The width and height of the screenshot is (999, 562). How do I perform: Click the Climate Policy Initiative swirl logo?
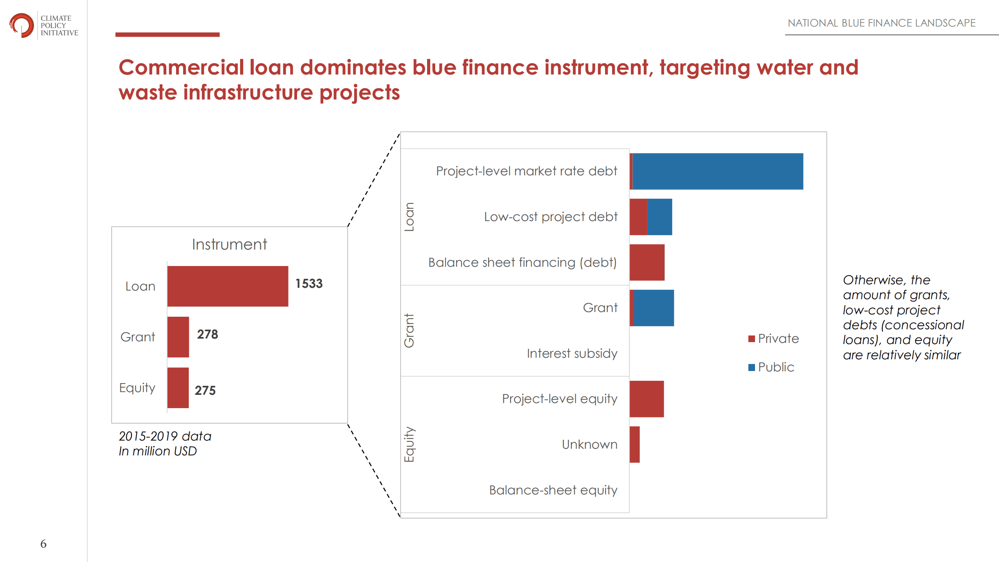coord(21,25)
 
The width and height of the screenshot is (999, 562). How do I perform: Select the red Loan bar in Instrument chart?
coord(228,286)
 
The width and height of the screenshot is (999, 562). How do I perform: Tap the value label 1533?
coord(309,284)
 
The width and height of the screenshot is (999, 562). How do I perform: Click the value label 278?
coord(207,334)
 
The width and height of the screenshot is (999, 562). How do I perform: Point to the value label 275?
coord(205,390)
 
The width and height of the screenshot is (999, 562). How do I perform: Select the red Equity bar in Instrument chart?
coord(178,388)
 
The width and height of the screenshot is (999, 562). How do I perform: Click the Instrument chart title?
coord(230,244)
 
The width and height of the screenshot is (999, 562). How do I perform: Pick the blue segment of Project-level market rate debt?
coord(718,171)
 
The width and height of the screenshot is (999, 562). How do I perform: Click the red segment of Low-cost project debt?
coord(638,217)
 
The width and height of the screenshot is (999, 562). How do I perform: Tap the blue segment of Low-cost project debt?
coord(659,217)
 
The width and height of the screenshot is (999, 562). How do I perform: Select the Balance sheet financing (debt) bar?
coord(647,262)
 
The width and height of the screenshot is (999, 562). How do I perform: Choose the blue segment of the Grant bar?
coord(654,308)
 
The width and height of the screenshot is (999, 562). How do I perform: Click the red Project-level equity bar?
coord(646,399)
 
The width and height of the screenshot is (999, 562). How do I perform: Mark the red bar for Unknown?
coord(634,444)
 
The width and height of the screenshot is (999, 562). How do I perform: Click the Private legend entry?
coord(774,339)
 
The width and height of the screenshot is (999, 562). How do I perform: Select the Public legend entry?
coord(771,367)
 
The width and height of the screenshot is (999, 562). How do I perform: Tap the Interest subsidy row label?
coord(572,353)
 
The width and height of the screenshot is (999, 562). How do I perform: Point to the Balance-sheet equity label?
coord(553,490)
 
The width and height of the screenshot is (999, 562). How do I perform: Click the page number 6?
coord(43,544)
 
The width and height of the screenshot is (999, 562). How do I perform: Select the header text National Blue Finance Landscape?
coord(881,23)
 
